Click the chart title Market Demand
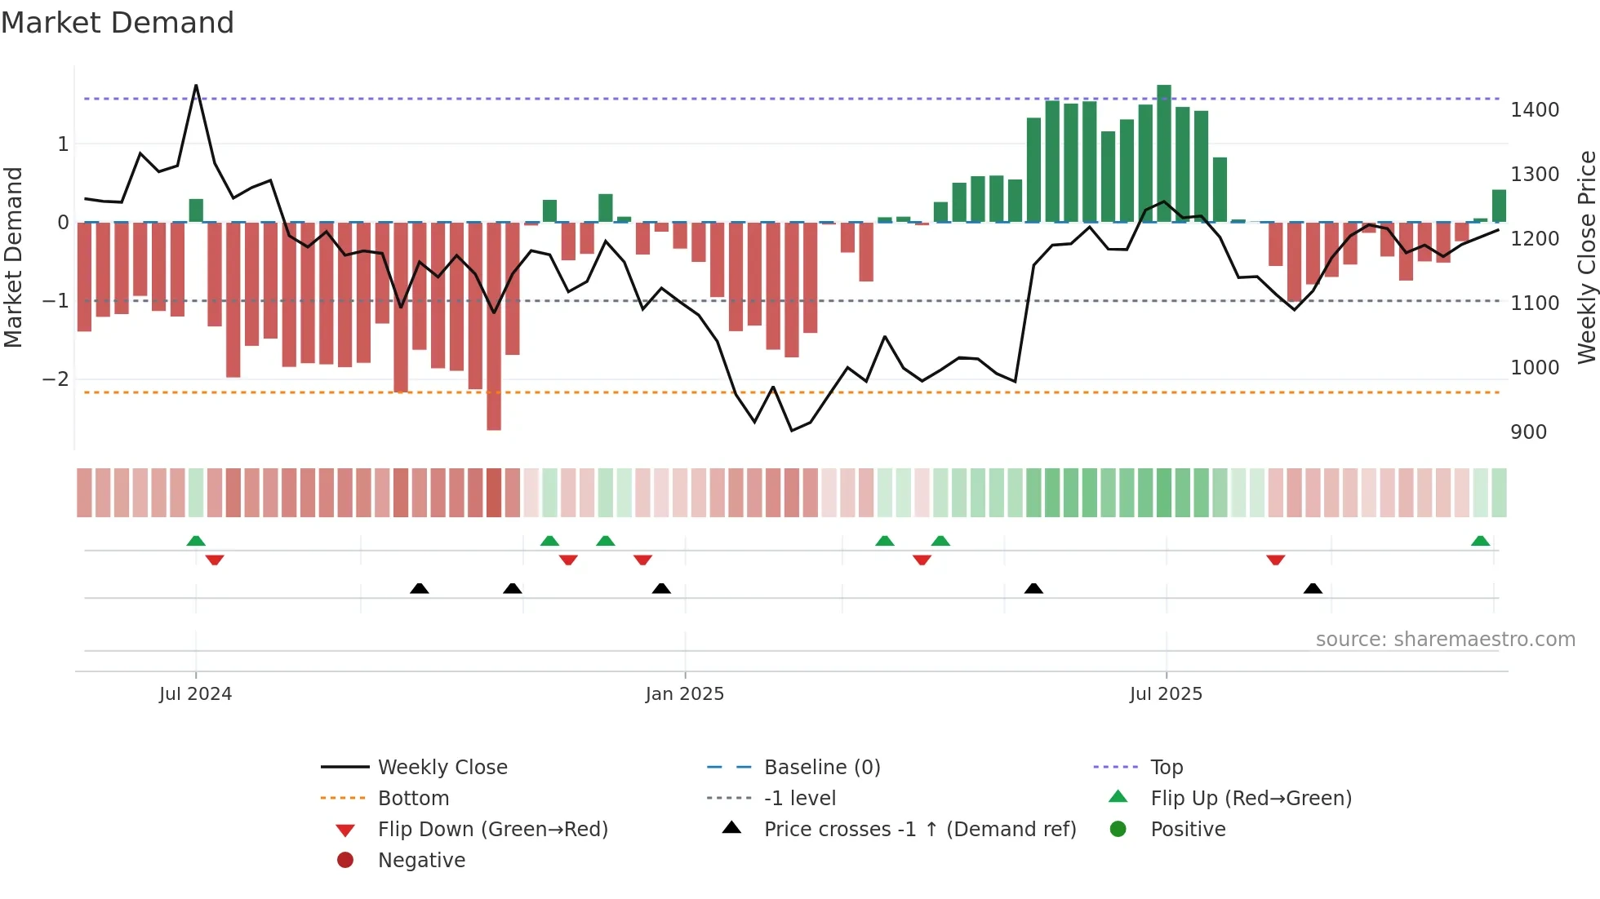pyautogui.click(x=118, y=23)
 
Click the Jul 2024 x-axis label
pyautogui.click(x=195, y=694)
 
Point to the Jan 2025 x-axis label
pyautogui.click(x=684, y=694)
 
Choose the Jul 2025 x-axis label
pyautogui.click(x=1166, y=694)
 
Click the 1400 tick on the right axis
pyautogui.click(x=1535, y=110)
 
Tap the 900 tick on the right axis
pyautogui.click(x=1528, y=432)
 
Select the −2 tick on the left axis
pyautogui.click(x=56, y=379)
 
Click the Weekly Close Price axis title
pyautogui.click(x=1586, y=257)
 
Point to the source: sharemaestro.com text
pyautogui.click(x=1445, y=640)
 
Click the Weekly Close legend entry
pyautogui.click(x=442, y=768)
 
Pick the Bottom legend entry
pyautogui.click(x=413, y=799)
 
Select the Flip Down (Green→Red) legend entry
pyautogui.click(x=492, y=830)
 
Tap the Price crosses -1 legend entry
pyautogui.click(x=920, y=830)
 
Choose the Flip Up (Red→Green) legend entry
pyautogui.click(x=1251, y=799)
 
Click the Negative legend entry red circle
pyautogui.click(x=345, y=861)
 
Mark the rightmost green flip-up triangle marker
pyautogui.click(x=1480, y=541)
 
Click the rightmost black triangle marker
pyautogui.click(x=1313, y=589)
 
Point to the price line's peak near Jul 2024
pyautogui.click(x=196, y=86)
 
